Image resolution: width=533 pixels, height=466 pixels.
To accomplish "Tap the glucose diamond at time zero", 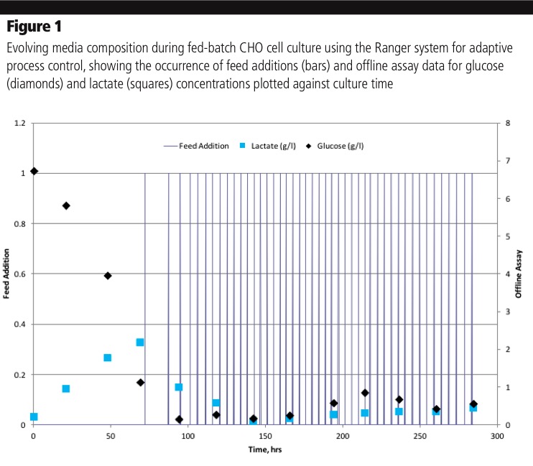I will [x=34, y=171].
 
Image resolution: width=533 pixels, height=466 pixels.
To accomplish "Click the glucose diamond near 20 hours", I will [x=66, y=205].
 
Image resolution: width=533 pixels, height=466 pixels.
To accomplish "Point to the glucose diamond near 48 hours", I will [x=108, y=276].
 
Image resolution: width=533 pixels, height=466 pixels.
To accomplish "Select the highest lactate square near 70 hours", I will [x=140, y=342].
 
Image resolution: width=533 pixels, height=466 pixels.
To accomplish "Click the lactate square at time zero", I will [x=34, y=416].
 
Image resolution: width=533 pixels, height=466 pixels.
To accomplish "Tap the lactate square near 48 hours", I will [x=108, y=358].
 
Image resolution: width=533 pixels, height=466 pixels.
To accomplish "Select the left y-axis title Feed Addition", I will [x=7, y=274].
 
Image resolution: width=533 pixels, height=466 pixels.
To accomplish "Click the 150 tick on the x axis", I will [x=265, y=436].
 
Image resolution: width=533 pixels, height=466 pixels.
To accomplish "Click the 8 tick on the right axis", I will [x=508, y=123].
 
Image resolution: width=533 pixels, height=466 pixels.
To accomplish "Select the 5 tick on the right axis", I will [x=508, y=236].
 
